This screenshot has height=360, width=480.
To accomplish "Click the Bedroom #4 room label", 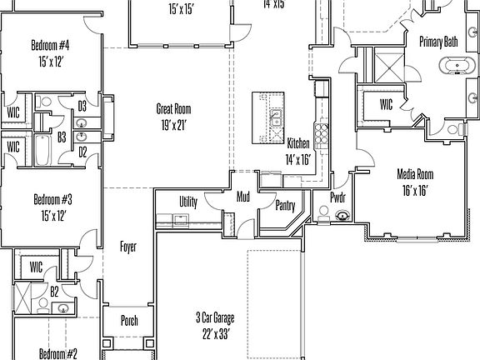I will [x=50, y=44].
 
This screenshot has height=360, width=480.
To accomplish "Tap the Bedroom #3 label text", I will [x=52, y=199].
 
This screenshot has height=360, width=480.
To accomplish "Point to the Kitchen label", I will [x=298, y=143].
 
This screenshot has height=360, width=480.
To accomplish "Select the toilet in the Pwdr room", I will [x=342, y=216].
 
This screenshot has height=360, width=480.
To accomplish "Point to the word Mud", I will [x=243, y=197].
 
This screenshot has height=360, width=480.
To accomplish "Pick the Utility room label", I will [x=188, y=202].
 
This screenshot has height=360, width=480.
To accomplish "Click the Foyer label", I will [x=128, y=247].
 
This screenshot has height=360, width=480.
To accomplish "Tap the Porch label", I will [x=130, y=322].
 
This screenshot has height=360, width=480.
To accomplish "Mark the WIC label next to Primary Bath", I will [x=386, y=105].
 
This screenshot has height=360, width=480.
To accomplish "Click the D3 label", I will [x=82, y=106].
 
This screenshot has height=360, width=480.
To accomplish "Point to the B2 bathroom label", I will [x=54, y=292].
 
